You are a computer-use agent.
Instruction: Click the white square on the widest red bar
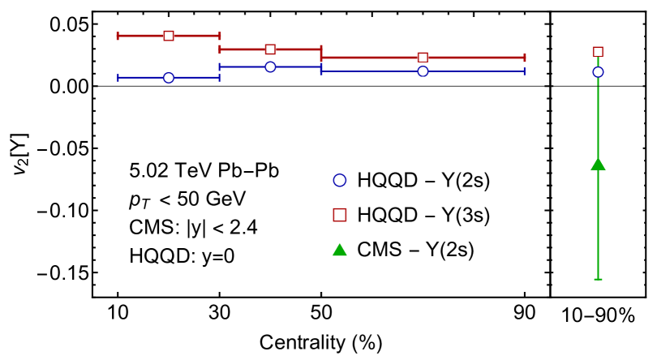coord(423,58)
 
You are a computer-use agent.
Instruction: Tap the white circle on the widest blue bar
coord(423,71)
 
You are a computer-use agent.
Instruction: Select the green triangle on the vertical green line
coord(598,164)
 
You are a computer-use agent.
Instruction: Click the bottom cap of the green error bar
coord(598,279)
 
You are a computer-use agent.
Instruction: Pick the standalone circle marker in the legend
coord(340,180)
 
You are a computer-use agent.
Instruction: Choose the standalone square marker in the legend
coord(340,215)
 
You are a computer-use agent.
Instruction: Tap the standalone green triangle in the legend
coord(340,250)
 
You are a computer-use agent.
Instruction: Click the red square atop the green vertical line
coord(598,52)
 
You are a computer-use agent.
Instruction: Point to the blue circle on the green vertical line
coord(598,72)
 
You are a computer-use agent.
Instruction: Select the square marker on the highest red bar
coord(169,36)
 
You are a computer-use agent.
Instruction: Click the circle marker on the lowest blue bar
coord(169,78)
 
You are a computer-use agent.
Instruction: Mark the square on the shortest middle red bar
coord(270,49)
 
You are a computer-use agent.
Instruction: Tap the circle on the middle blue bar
coord(270,67)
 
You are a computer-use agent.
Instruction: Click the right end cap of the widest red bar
coord(525,58)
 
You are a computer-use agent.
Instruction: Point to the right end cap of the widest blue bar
coord(525,71)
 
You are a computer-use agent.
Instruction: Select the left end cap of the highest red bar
coord(118,36)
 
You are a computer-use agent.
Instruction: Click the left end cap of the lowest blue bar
coord(118,78)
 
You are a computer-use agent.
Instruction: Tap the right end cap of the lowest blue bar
coord(219,78)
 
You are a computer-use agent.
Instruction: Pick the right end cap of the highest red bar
coord(220,36)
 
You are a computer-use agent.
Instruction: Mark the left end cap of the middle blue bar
coord(219,67)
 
